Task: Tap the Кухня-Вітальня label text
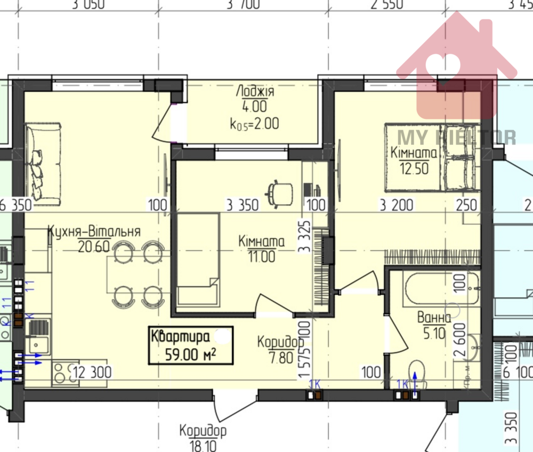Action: pos(94,232)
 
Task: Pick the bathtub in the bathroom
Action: pos(434,288)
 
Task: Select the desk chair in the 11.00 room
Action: pos(280,193)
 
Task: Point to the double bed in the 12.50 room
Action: pos(430,158)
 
